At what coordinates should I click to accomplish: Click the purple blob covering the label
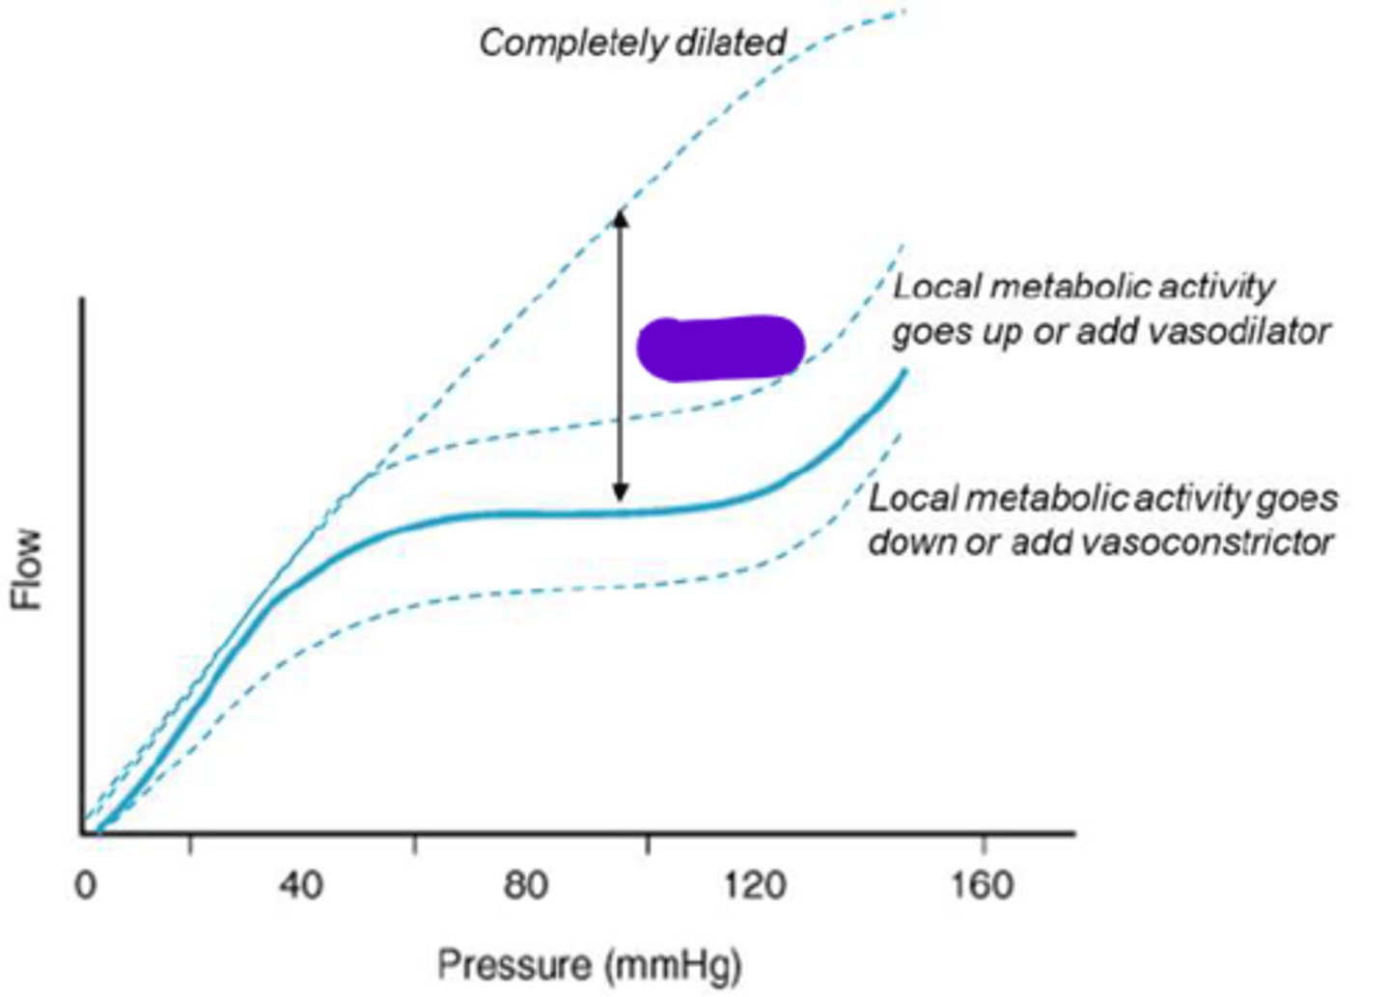[720, 347]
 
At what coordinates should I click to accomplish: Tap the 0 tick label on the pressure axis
[86, 885]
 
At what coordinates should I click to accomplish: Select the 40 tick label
[300, 885]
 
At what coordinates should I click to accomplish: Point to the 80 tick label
[526, 885]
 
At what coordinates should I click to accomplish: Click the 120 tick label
[754, 885]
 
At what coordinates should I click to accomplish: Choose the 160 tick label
[982, 885]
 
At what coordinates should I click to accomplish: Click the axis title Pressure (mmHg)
[589, 964]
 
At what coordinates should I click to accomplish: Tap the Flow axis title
[29, 568]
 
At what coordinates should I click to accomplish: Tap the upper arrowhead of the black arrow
[621, 217]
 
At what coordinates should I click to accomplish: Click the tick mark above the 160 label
[983, 843]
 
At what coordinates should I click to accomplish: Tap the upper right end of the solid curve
[903, 372]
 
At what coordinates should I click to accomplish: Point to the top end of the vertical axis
[83, 301]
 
